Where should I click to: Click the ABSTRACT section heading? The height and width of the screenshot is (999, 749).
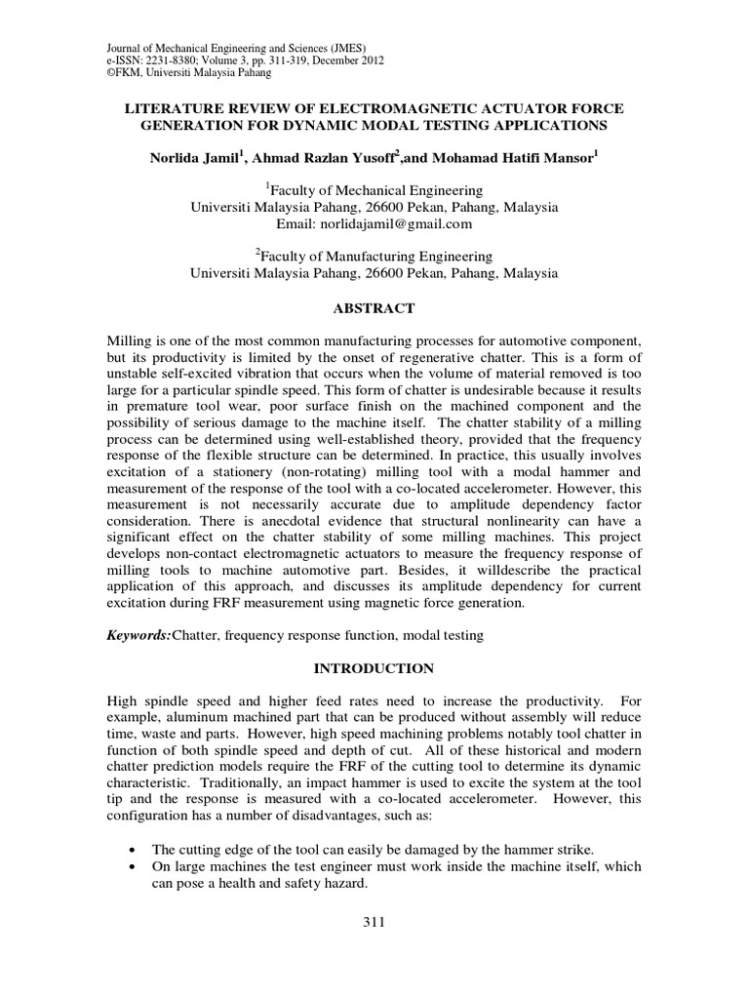pyautogui.click(x=374, y=308)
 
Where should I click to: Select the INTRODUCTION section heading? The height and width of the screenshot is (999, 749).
pyautogui.click(x=374, y=669)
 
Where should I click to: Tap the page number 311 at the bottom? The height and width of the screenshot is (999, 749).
pyautogui.click(x=374, y=924)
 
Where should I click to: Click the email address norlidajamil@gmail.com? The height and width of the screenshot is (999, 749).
pyautogui.click(x=374, y=223)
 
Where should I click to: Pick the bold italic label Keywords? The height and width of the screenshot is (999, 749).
pyautogui.click(x=139, y=635)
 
